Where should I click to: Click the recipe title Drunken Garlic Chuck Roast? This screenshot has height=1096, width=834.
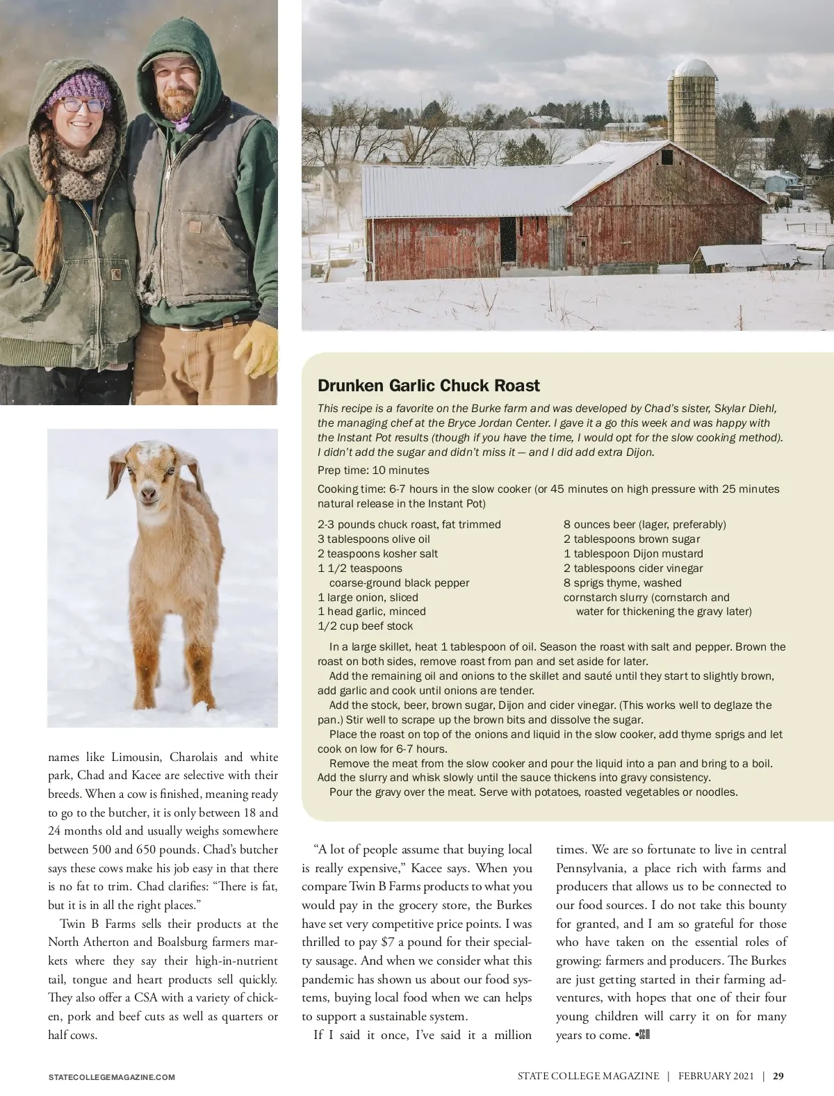coord(428,386)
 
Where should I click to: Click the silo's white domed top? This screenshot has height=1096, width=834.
coord(694,67)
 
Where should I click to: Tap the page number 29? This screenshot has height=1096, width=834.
coord(778,1076)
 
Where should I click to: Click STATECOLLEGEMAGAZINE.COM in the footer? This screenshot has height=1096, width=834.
coord(111,1077)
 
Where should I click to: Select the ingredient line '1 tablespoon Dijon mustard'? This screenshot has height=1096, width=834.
coord(633,554)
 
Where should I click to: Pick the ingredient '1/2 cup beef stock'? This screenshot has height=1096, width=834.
coord(365,626)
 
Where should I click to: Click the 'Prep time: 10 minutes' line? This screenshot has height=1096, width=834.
coord(373,471)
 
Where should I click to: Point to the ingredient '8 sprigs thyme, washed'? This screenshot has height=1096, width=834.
coord(622,583)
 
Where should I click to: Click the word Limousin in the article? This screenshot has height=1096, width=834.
coord(136,757)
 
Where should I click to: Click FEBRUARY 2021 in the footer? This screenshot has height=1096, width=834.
coord(716,1076)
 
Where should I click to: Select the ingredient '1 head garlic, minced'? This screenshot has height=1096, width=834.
coord(371,612)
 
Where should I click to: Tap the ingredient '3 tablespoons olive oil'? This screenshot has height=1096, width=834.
coord(373,539)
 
